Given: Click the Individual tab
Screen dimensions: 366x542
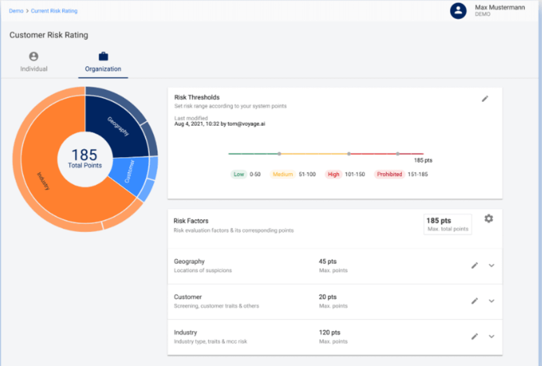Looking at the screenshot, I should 34,62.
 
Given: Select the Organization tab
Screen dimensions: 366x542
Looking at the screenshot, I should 103,62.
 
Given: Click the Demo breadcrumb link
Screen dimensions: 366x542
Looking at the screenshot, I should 16,11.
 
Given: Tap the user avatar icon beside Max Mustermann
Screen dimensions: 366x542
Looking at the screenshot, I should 458,11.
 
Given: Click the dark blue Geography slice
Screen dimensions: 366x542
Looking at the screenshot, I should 116,123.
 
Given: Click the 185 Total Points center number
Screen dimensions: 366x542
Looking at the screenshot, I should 84,155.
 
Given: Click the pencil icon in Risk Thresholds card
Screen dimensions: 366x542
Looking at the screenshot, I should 485,99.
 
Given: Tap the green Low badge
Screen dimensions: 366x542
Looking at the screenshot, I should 239,174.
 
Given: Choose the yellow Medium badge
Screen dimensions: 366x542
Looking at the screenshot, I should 283,174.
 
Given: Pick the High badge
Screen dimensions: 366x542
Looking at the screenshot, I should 333,174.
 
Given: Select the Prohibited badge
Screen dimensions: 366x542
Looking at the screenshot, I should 389,174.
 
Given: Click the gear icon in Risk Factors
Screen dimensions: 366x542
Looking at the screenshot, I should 488,219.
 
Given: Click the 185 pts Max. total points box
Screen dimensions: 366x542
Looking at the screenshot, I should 448,224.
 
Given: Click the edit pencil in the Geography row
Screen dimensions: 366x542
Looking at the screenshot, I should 475,266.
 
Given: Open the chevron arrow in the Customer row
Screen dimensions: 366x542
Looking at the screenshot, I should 491,301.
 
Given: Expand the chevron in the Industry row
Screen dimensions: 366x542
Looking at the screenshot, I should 491,336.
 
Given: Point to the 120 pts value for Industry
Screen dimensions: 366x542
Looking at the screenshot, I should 329,332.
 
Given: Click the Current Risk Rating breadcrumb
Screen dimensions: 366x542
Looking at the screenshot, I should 54,11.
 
